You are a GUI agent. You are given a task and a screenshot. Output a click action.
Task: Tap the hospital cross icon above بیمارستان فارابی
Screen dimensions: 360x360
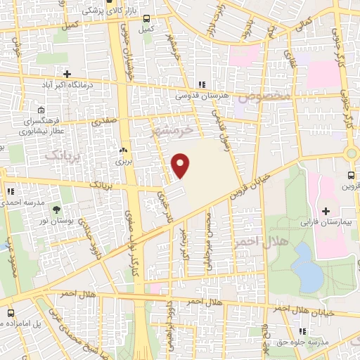[326, 211]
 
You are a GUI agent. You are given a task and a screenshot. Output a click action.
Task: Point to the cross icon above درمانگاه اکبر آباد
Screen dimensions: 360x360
[67, 74]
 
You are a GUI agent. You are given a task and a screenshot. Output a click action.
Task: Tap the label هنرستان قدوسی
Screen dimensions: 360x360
[201, 94]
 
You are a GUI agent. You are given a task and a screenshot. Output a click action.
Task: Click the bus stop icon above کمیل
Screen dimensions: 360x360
[146, 19]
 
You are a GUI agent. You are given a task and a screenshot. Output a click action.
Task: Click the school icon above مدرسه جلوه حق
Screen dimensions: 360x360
[302, 331]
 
